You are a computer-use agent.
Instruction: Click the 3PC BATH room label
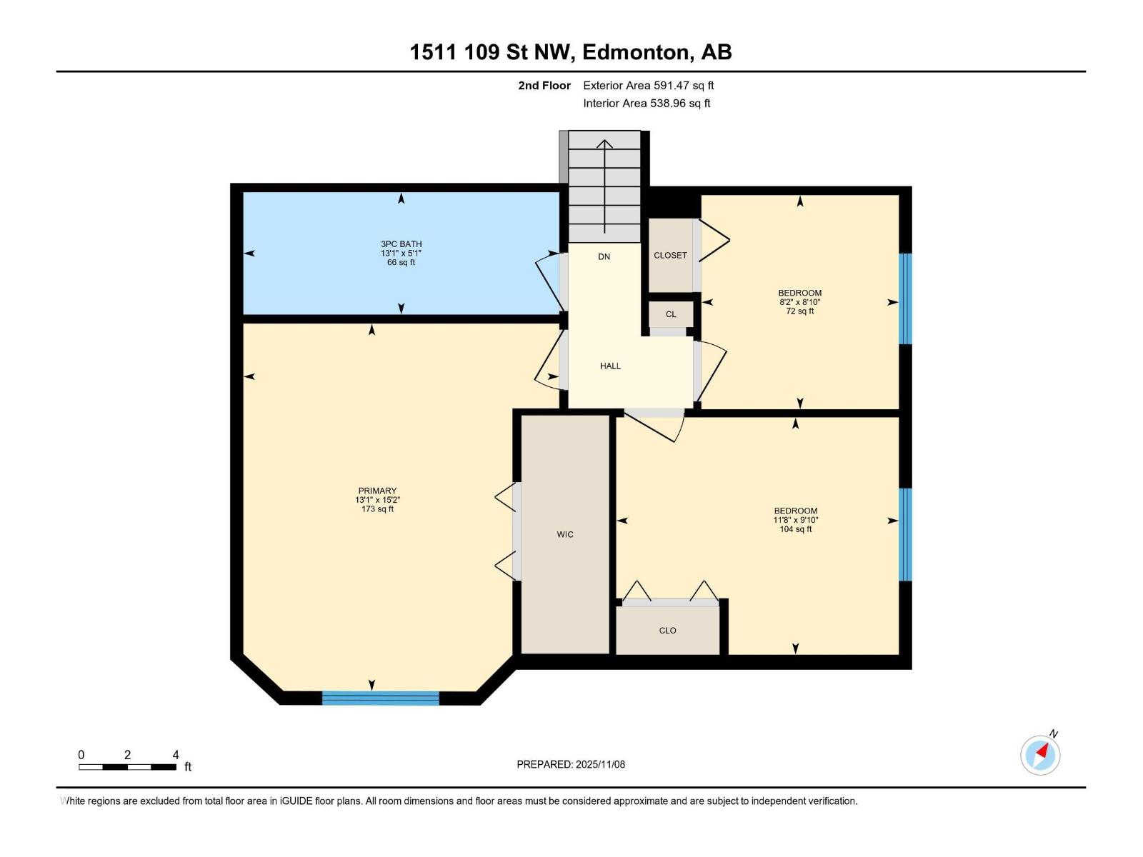pos(401,244)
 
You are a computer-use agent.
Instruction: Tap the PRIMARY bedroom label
pos(377,491)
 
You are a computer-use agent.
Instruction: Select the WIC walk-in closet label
pos(565,534)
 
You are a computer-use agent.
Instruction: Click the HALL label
pos(610,366)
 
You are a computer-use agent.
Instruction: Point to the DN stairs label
pos(604,256)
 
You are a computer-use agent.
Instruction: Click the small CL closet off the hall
pos(671,314)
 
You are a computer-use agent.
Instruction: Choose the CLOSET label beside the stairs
pos(670,255)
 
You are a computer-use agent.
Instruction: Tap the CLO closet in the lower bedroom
pos(667,631)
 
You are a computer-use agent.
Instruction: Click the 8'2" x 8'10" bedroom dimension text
pos(799,302)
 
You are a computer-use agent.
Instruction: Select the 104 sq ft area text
pos(795,529)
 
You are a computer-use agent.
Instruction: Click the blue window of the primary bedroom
pos(380,698)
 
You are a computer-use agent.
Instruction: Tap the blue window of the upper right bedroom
pos(905,299)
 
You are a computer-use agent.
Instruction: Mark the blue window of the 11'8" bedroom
pos(905,534)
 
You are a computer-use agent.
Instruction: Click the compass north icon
pos(1040,755)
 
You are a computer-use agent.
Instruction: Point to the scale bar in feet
pos(127,767)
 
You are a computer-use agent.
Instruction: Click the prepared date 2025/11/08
pos(599,764)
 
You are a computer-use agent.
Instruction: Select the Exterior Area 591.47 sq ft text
pos(648,86)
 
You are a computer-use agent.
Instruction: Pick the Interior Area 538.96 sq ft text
pos(647,104)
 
